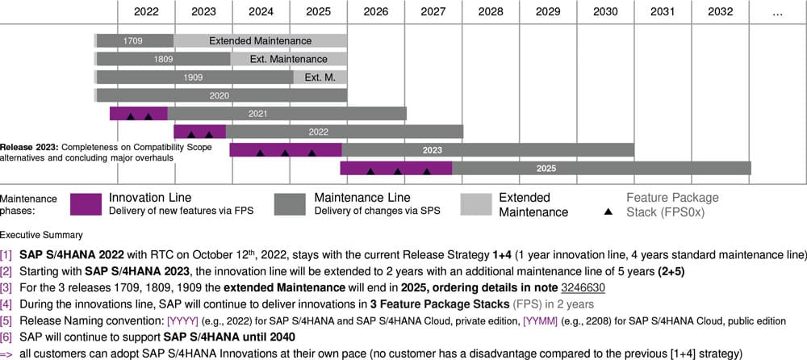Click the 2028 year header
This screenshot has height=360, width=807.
pyautogui.click(x=491, y=11)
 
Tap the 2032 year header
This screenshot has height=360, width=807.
pyautogui.click(x=720, y=11)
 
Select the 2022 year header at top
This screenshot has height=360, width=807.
pyautogui.click(x=146, y=11)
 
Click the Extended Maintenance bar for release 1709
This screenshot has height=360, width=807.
pyautogui.click(x=260, y=40)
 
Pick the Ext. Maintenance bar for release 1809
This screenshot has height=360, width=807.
pyautogui.click(x=288, y=59)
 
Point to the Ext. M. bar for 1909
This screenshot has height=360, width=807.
pyautogui.click(x=320, y=77)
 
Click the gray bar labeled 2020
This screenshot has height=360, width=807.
pyautogui.click(x=221, y=95)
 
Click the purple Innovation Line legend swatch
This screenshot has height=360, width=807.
pyautogui.click(x=86, y=204)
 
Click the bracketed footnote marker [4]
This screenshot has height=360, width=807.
pyautogui.click(x=7, y=304)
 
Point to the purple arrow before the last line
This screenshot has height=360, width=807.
pyautogui.click(x=7, y=353)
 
